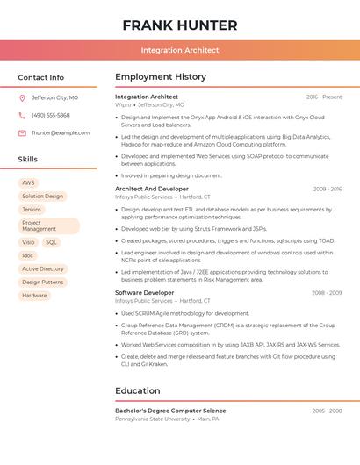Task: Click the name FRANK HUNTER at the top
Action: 180,25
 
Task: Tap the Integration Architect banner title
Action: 180,50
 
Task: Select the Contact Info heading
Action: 40,77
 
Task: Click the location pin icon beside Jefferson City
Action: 22,98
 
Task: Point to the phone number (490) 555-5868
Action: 51,115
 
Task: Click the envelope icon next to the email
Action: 22,133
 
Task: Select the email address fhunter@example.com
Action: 61,133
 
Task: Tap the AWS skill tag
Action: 29,182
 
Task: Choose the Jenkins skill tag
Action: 32,210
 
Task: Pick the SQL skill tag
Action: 51,242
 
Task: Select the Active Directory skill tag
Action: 43,269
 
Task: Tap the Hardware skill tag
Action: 35,296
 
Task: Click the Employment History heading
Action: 161,77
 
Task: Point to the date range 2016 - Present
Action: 324,97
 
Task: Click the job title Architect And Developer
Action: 152,189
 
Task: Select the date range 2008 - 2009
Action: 327,293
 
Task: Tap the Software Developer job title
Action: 145,293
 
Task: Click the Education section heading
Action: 138,391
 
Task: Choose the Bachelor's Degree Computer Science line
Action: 170,411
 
